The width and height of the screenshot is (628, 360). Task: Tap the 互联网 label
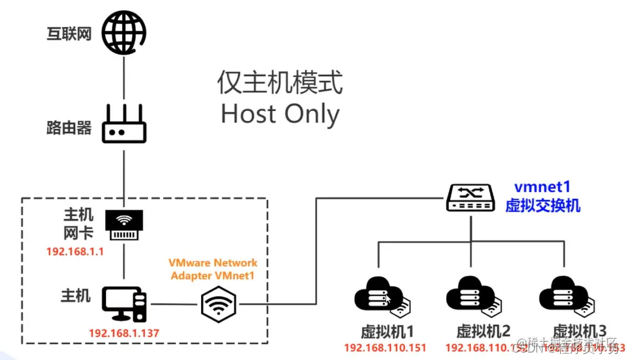(69, 33)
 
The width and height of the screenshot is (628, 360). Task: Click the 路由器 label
(69, 128)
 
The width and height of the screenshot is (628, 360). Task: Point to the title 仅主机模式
(280, 82)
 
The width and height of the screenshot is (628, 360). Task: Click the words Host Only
(280, 114)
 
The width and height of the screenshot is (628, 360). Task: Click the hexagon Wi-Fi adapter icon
(219, 305)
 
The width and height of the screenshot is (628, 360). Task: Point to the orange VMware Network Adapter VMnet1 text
(212, 268)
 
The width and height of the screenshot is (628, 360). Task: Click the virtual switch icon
(471, 196)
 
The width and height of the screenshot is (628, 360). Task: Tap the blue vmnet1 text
(543, 188)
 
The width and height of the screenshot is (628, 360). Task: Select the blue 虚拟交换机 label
(543, 206)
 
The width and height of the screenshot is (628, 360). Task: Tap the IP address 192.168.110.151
(385, 347)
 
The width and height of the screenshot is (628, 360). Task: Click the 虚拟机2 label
(483, 331)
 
